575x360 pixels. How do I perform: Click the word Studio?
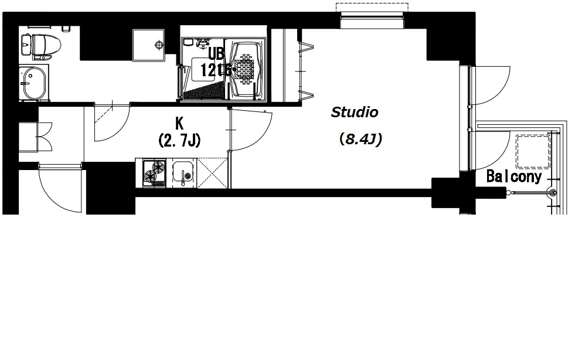click(354, 113)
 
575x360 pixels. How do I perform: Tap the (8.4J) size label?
click(360, 140)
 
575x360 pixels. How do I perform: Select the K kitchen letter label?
click(179, 124)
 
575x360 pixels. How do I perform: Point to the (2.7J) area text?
click(179, 140)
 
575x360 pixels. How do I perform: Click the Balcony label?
click(514, 177)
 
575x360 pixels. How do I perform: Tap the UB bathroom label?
click(216, 54)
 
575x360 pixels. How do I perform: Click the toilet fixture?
click(41, 46)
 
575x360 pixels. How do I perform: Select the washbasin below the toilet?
click(34, 83)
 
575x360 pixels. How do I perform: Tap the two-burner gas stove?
click(154, 172)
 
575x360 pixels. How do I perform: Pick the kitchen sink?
click(182, 173)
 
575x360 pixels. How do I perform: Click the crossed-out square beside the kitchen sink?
click(212, 173)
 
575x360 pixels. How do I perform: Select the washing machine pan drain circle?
click(159, 45)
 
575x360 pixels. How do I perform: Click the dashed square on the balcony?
click(533, 151)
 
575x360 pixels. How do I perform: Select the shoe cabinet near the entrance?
click(35, 137)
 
